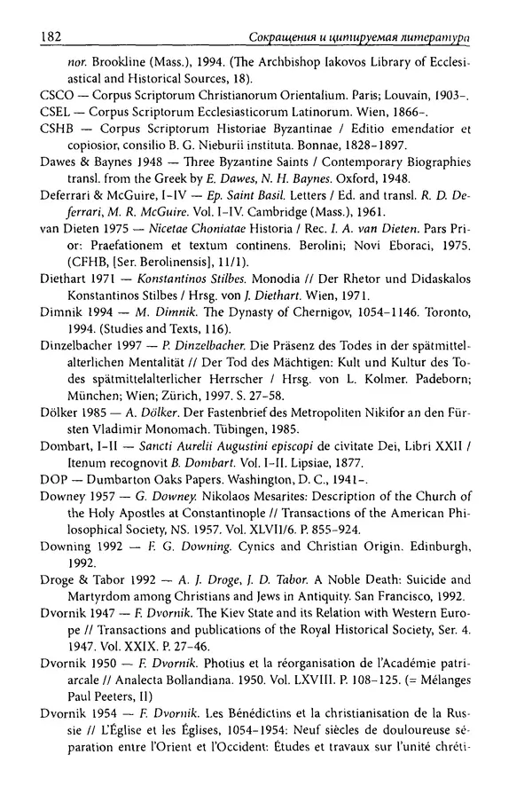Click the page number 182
[44, 37]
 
